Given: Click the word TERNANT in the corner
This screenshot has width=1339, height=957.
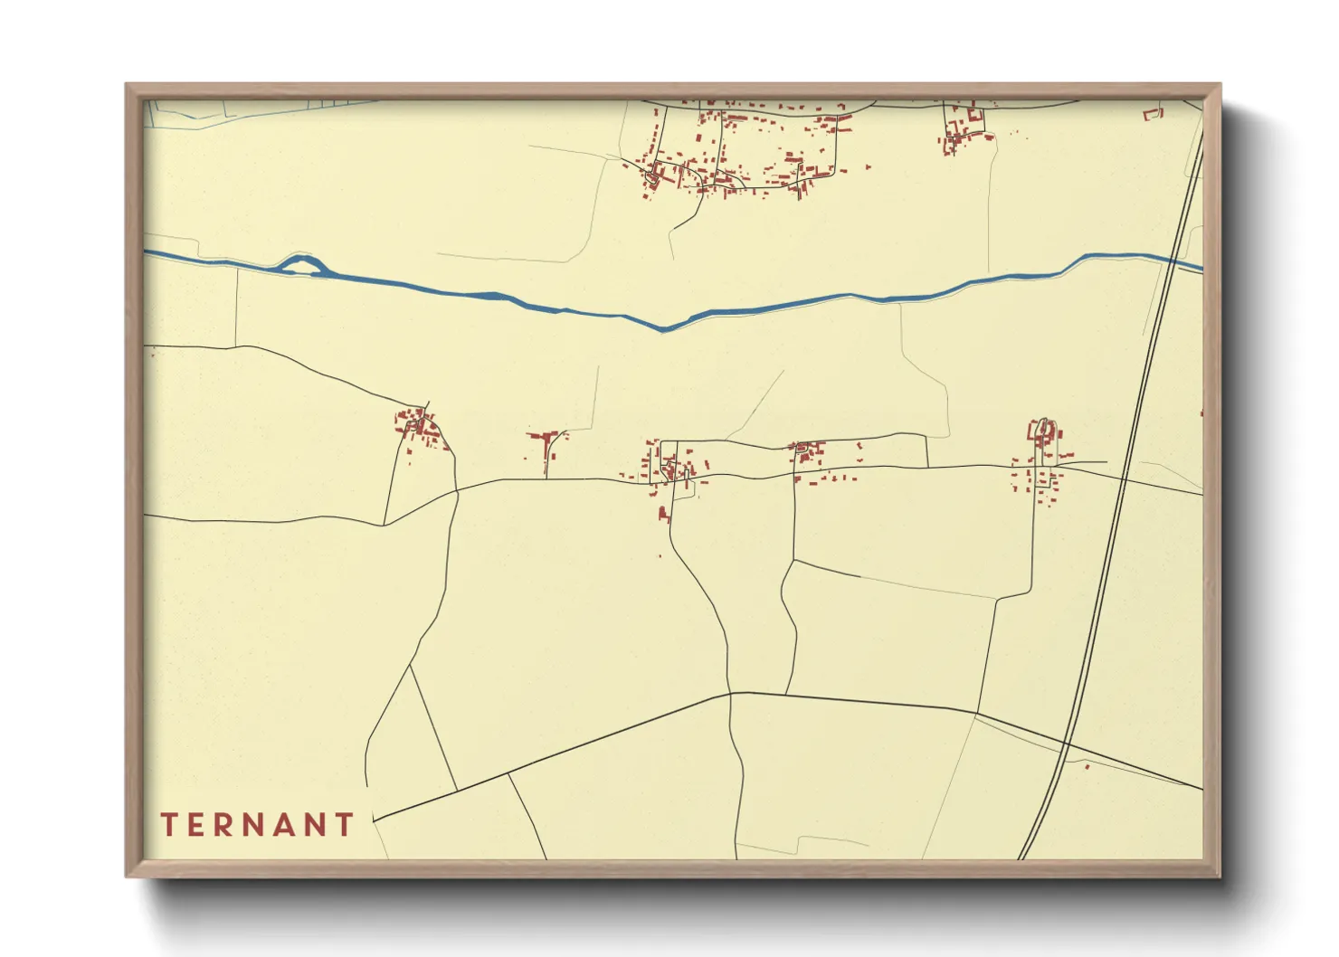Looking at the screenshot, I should (x=258, y=825).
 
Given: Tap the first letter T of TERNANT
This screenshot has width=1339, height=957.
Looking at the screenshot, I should (x=168, y=825).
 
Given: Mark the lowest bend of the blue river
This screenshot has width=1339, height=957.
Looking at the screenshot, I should (x=663, y=327).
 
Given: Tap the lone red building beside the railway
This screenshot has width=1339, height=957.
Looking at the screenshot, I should (x=1087, y=766).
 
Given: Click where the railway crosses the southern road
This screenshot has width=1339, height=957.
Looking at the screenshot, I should (x=1068, y=744).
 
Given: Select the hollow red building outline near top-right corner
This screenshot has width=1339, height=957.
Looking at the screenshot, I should (x=1152, y=114).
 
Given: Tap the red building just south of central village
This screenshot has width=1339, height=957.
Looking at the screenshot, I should (x=663, y=515).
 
